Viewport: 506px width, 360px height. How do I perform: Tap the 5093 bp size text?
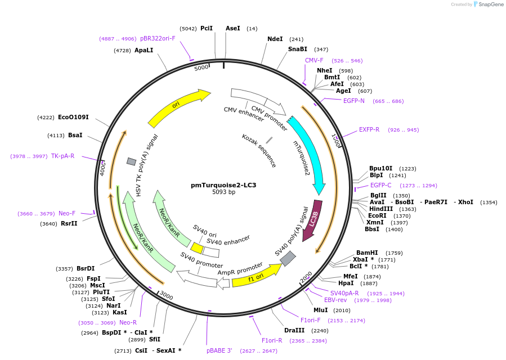click(223, 192)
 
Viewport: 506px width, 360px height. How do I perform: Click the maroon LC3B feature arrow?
click(313, 220)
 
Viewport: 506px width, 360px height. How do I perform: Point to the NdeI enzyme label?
click(275, 39)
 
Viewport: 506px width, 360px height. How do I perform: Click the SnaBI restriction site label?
click(298, 49)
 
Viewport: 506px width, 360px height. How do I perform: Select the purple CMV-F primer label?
click(314, 60)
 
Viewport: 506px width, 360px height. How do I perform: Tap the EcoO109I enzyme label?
click(73, 118)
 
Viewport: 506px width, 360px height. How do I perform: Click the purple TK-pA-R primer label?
click(62, 156)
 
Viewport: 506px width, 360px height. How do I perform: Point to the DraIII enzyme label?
click(294, 331)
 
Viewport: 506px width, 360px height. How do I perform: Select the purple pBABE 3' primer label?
click(220, 350)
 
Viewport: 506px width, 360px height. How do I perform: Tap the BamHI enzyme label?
click(367, 253)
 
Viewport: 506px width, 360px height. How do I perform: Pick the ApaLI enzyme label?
click(144, 50)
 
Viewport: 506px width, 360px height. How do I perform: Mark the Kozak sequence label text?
click(259, 150)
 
